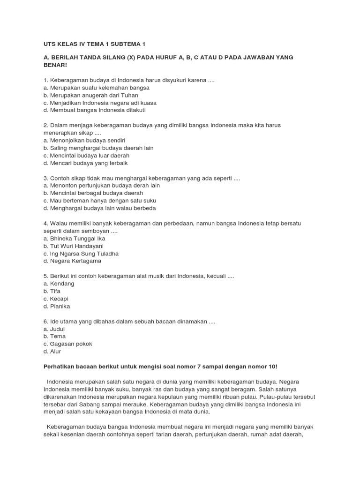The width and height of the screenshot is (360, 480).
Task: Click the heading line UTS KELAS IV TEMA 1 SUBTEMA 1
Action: (x=94, y=44)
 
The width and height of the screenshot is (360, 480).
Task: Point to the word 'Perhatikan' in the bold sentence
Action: (x=59, y=366)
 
